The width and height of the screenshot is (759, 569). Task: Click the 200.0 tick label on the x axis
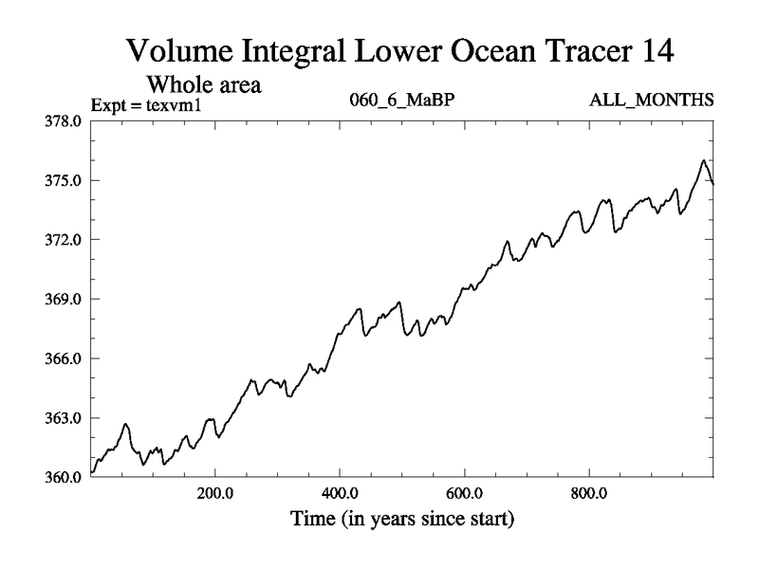(x=215, y=495)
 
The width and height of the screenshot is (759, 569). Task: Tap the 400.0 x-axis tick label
(x=340, y=495)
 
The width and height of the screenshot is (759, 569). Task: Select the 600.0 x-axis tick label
(x=465, y=495)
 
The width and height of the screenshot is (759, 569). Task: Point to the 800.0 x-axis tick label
(x=589, y=495)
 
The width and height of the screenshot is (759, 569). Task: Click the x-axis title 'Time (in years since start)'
(x=402, y=519)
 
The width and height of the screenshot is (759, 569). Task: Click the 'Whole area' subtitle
(x=202, y=84)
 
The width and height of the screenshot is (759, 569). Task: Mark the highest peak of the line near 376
(x=703, y=161)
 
